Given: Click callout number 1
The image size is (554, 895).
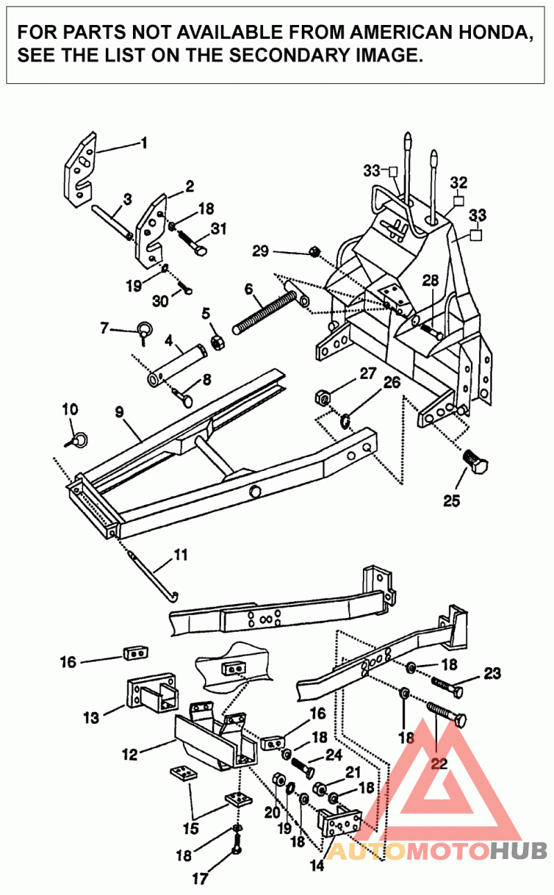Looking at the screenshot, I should click(144, 143).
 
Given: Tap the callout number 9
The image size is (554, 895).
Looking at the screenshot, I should click(119, 411).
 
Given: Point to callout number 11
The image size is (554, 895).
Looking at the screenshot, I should click(180, 554).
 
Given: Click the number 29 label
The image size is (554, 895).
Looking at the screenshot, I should click(260, 251).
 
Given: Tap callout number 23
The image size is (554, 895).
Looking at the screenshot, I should click(492, 673).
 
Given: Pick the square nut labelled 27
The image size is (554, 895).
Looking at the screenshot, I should click(322, 397).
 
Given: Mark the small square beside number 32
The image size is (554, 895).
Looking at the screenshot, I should click(457, 202).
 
